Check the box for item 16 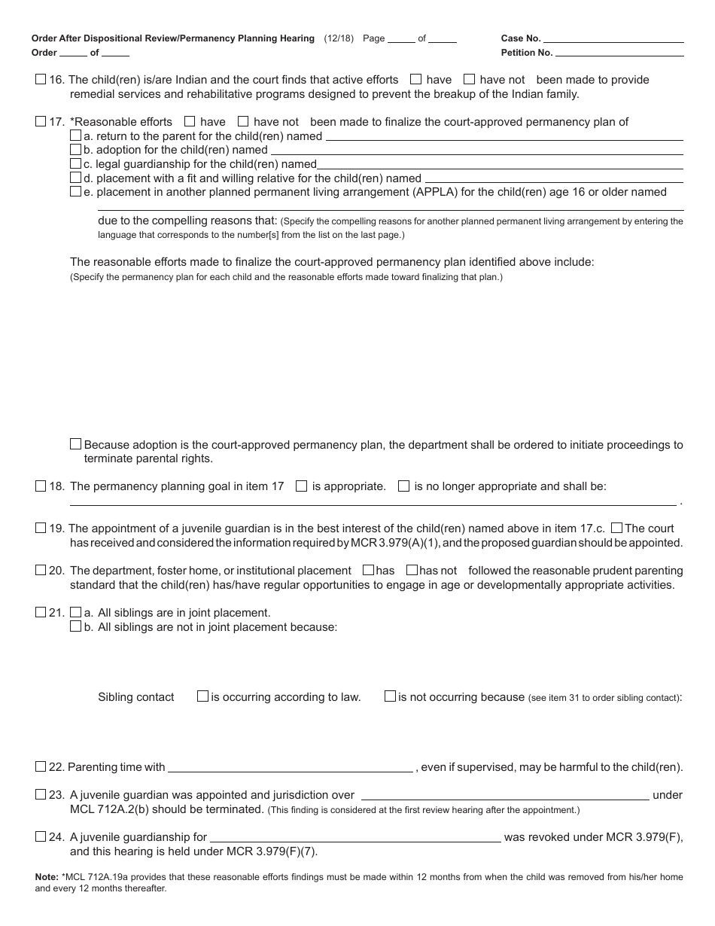pyautogui.click(x=41, y=79)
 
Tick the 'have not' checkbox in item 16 pyautogui.click(x=470, y=79)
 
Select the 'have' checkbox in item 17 pyautogui.click(x=190, y=121)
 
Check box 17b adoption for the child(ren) pyautogui.click(x=75, y=150)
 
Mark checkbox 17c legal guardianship pyautogui.click(x=75, y=163)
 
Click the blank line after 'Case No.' pyautogui.click(x=613, y=38)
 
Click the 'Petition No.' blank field pyautogui.click(x=619, y=53)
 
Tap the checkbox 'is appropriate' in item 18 pyautogui.click(x=302, y=486)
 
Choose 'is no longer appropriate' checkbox pyautogui.click(x=403, y=486)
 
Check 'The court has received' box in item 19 pyautogui.click(x=617, y=528)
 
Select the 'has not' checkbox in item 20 pyautogui.click(x=412, y=571)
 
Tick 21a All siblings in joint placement pyautogui.click(x=75, y=613)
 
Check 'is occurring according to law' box pyautogui.click(x=202, y=696)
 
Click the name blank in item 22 pyautogui.click(x=290, y=768)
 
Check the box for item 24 pyautogui.click(x=41, y=836)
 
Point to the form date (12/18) pyautogui.click(x=339, y=38)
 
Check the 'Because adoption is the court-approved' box pyautogui.click(x=75, y=444)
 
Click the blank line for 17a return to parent pyautogui.click(x=504, y=136)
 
